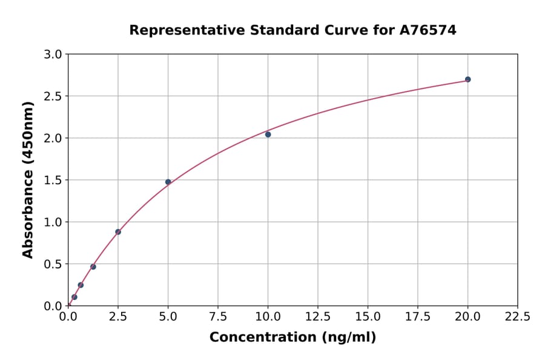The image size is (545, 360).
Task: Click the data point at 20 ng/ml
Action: coord(467,79)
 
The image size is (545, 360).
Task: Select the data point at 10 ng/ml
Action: coord(268,135)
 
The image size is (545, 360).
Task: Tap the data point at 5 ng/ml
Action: coord(168,182)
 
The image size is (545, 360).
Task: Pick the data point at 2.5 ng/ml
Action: coord(118,232)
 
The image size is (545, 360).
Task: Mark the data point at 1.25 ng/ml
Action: coord(93,267)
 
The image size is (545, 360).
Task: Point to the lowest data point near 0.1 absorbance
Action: coord(74,297)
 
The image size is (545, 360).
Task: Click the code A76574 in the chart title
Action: coord(428,30)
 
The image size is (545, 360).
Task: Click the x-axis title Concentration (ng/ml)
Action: coord(292,338)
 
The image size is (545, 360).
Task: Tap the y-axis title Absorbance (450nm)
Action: coord(28,179)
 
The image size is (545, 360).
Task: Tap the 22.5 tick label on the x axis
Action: coord(518,317)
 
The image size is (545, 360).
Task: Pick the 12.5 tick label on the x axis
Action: coord(318,317)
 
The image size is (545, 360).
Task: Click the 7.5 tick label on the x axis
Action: coord(218,317)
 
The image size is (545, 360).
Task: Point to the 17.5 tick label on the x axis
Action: coord(418,317)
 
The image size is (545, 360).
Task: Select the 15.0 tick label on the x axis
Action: coord(368,317)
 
